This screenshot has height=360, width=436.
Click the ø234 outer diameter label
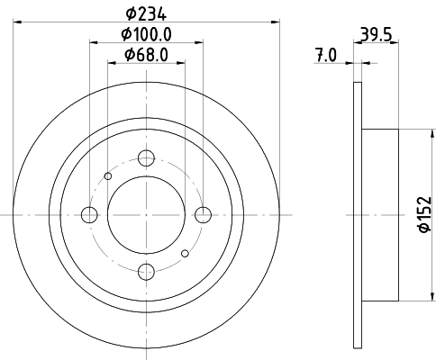coord(146,13)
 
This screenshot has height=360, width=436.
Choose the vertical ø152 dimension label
coord(421,216)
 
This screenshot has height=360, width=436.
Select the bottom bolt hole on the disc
coord(146,271)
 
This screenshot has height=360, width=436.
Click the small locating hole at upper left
coord(108,175)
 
